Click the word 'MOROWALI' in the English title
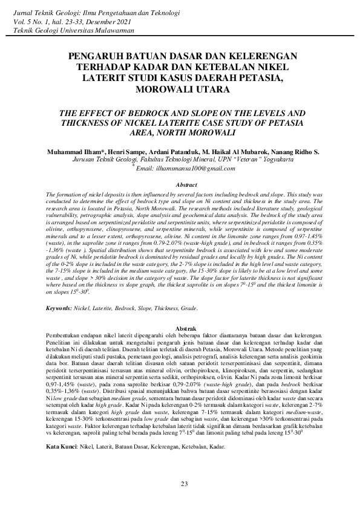pos(202,132)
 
